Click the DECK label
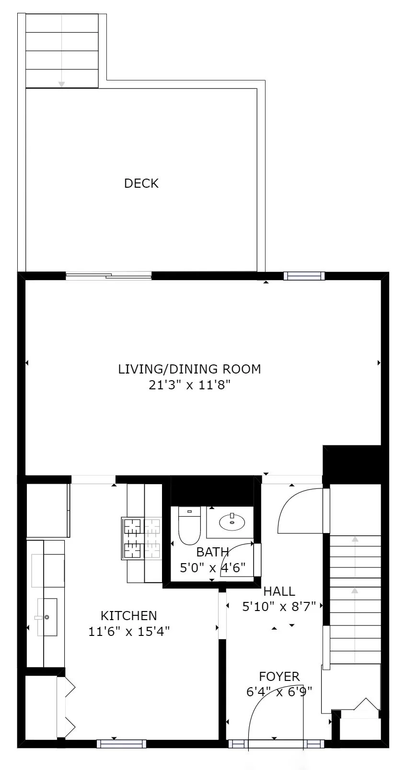pyautogui.click(x=141, y=183)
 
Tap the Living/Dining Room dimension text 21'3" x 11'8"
pyautogui.click(x=190, y=385)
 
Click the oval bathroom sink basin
pyautogui.click(x=232, y=522)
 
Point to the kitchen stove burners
pyautogui.click(x=142, y=538)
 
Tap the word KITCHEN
pyautogui.click(x=128, y=616)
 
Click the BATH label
pyautogui.click(x=212, y=552)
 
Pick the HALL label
pyautogui.click(x=279, y=591)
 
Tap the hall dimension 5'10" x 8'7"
pyautogui.click(x=279, y=607)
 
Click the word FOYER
pyautogui.click(x=279, y=677)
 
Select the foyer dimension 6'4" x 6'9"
pyautogui.click(x=279, y=692)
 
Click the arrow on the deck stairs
pyautogui.click(x=62, y=83)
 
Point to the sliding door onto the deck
pyautogui.click(x=109, y=276)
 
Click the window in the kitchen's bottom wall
pyautogui.click(x=121, y=744)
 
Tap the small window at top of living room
pyautogui.click(x=304, y=276)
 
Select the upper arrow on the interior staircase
pyautogui.click(x=355, y=540)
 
